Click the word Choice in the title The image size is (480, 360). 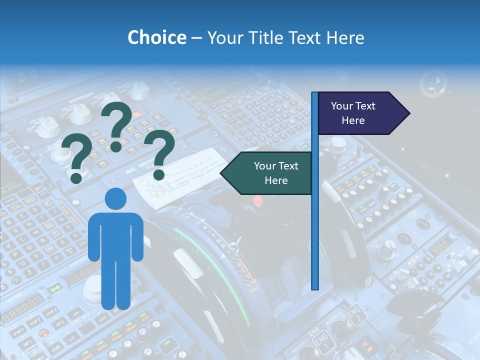coord(156,37)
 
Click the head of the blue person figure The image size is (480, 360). coord(115,199)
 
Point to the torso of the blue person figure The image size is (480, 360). coord(115,235)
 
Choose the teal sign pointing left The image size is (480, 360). coord(268,173)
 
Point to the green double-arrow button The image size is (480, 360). coord(55,288)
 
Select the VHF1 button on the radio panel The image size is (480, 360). coord(19,330)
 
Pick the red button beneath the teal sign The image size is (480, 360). coord(258,201)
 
